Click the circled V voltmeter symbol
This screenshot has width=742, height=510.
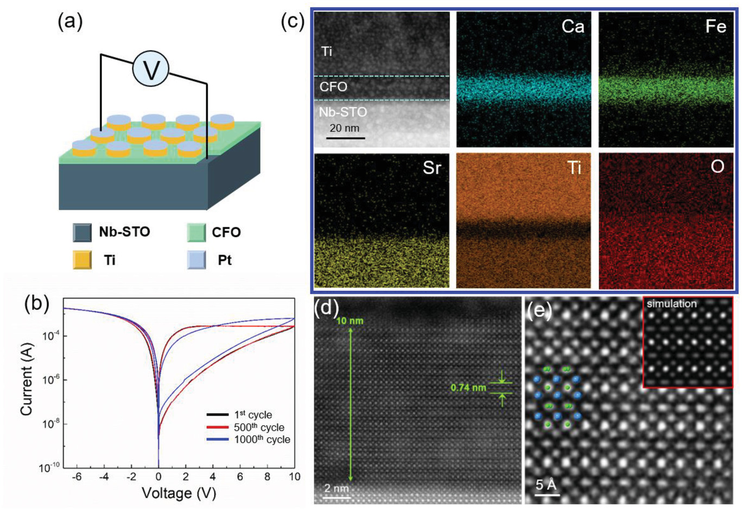pos(151,69)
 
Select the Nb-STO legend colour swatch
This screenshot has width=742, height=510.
pos(83,232)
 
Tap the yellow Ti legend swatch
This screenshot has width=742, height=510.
pos(83,260)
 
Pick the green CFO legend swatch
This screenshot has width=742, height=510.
pos(196,232)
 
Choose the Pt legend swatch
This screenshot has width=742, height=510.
pos(196,260)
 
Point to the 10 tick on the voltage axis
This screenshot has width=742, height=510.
pos(294,476)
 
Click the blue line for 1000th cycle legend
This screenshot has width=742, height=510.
pos(218,439)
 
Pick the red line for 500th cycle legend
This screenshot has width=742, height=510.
pos(218,428)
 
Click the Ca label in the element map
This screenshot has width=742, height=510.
pos(573,26)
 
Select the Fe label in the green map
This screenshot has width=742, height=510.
pos(715,26)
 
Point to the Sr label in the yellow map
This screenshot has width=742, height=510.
pos(432,168)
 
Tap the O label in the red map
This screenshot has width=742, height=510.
pos(717,167)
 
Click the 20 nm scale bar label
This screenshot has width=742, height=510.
pos(345,128)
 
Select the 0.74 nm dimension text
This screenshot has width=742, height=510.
pos(468,388)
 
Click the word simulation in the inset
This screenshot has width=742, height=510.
pos(671,304)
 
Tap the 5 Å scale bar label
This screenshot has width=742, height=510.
pos(547,484)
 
